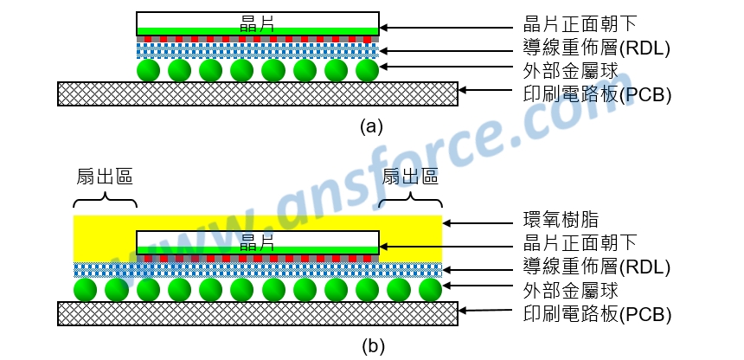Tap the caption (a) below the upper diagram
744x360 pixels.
point(370,127)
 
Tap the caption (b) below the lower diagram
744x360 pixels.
point(370,347)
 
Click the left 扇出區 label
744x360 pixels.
point(105,178)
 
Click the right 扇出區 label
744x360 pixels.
point(410,178)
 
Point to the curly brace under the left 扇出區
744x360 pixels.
point(105,202)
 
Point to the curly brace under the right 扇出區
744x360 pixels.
point(410,202)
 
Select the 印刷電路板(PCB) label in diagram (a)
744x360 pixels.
point(598,93)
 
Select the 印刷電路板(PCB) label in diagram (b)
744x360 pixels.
point(598,313)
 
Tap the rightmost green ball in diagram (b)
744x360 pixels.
point(429,289)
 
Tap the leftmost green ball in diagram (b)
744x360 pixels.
point(86,289)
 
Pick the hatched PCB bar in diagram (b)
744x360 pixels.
point(257,312)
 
